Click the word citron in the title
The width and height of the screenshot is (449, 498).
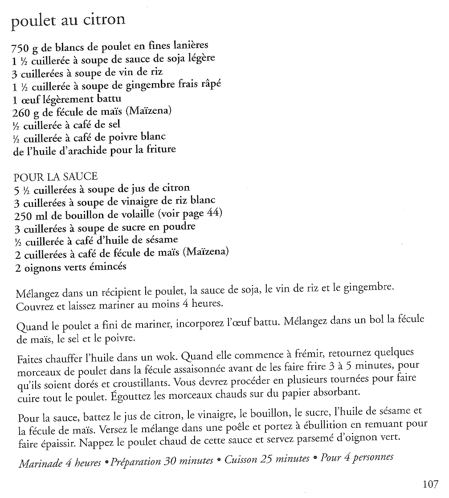point(103,20)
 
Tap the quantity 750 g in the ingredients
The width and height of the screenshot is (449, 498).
point(25,47)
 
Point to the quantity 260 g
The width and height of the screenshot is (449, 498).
point(26,112)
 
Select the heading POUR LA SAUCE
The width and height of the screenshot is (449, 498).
point(56,177)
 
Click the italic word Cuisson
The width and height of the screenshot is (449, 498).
point(241,460)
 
